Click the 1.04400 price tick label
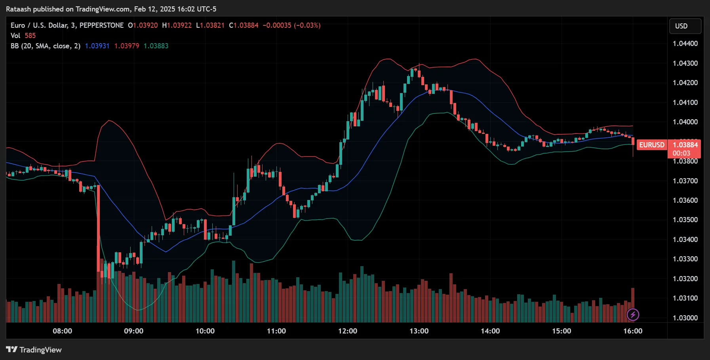[x=685, y=44]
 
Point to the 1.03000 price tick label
[x=685, y=318]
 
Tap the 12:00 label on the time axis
[x=347, y=331]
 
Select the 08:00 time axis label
[x=62, y=331]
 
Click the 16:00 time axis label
[x=632, y=331]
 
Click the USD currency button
[x=685, y=26]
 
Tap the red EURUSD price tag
[x=651, y=145]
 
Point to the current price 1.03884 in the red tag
[x=685, y=145]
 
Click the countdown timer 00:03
[x=681, y=153]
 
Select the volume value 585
[x=30, y=36]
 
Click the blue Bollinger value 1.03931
[x=97, y=46]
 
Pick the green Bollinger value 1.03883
[x=156, y=46]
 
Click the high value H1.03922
[x=177, y=25]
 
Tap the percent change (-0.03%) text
[x=307, y=25]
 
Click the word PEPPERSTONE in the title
[x=101, y=25]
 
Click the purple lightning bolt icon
[x=633, y=315]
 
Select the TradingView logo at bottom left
[x=34, y=350]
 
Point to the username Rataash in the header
[x=18, y=9]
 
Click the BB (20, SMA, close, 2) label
[x=45, y=46]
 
